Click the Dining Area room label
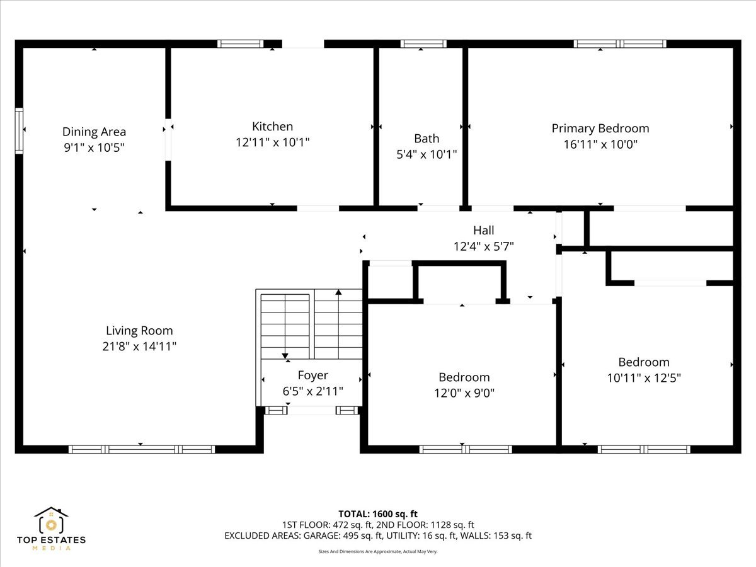tap(94, 132)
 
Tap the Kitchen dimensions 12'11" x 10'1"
tap(272, 142)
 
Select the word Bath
tap(427, 139)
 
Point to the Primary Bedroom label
tap(600, 129)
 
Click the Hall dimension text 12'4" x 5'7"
tap(484, 246)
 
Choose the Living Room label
tap(139, 331)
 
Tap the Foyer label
tap(312, 375)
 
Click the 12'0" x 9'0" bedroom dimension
tap(464, 392)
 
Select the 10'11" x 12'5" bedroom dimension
tap(644, 378)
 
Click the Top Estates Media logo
tap(51, 529)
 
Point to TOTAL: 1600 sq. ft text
tap(378, 514)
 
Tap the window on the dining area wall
tap(19, 131)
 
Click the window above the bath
tap(423, 43)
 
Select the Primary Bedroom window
tap(620, 43)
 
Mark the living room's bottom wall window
tap(142, 449)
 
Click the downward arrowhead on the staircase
tap(285, 356)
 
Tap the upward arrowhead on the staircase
tap(338, 292)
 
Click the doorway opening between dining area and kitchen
tap(168, 139)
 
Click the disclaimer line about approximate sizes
tap(378, 551)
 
